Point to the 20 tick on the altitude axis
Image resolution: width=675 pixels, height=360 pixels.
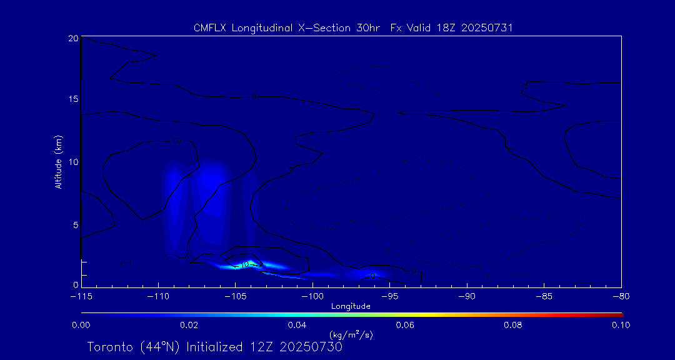[72, 38]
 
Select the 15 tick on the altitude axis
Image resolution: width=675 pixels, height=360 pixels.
[72, 99]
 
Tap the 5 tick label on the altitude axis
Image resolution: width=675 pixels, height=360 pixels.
[75, 224]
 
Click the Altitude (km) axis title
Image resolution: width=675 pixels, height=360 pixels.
[59, 162]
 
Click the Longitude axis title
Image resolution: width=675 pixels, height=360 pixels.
[351, 306]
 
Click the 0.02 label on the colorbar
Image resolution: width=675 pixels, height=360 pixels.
[189, 325]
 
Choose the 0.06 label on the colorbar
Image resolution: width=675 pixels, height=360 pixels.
[405, 325]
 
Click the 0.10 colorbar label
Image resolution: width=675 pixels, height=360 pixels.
[621, 325]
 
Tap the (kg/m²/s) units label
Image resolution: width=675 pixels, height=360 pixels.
[351, 336]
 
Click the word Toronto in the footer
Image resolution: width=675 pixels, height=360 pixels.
[109, 347]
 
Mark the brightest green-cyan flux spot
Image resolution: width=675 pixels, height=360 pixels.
[250, 264]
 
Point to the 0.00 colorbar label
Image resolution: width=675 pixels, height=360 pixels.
[81, 325]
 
